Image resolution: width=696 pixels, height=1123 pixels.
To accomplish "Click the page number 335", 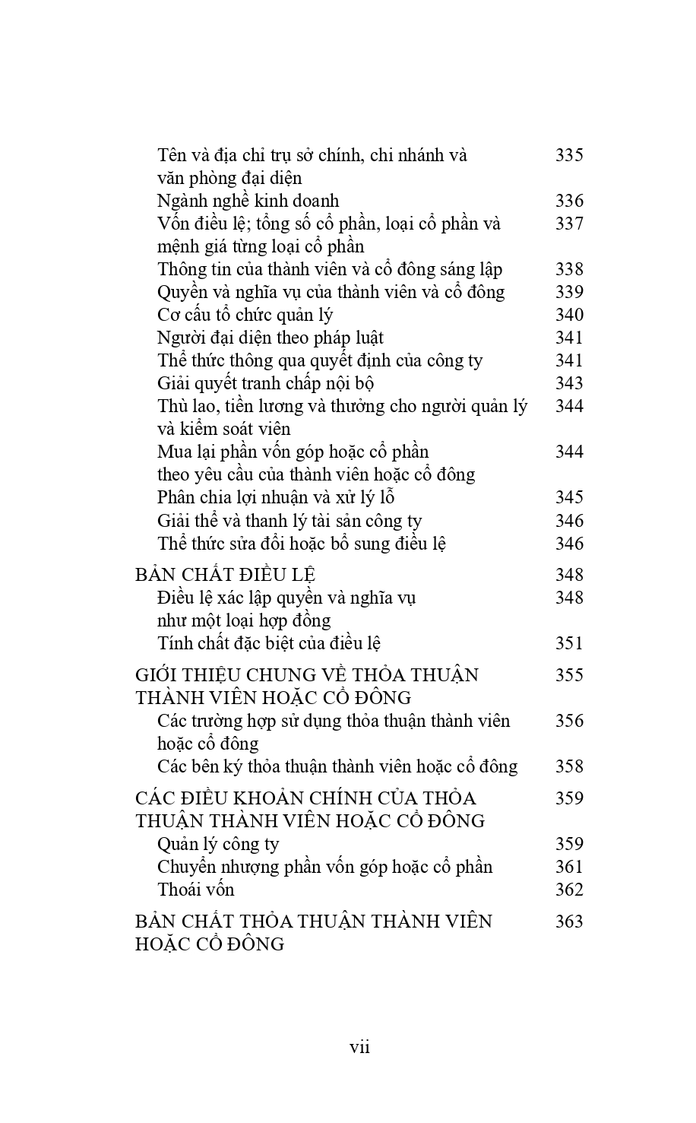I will point(569,155).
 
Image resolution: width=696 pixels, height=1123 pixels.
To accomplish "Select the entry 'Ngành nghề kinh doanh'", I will point(248,201).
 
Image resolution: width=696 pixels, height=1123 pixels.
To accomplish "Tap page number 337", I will point(569,224).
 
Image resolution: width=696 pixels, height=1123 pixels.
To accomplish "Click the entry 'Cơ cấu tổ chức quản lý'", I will point(245,316).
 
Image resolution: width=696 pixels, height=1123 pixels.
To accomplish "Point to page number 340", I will point(569,315).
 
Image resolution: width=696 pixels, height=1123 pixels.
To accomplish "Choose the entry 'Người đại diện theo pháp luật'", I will point(270,338).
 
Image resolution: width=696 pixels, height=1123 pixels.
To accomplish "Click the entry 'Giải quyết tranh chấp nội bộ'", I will point(265,384).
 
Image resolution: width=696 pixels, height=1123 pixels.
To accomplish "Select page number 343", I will point(569,383).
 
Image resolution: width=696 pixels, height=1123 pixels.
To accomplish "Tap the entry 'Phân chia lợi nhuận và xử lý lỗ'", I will point(276,498).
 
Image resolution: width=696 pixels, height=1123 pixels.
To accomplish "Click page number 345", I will point(569,497).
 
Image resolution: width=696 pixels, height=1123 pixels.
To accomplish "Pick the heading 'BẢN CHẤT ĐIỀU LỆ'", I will point(225,575).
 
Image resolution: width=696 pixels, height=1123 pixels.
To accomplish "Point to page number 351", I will point(569,643).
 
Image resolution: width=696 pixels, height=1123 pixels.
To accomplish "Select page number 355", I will point(569,675).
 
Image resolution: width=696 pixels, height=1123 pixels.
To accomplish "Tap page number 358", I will point(569,766).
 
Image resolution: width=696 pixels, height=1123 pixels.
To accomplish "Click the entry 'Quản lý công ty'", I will point(218,844).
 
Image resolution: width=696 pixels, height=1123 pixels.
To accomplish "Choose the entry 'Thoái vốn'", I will point(195,890).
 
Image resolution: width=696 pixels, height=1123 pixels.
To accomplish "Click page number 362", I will point(569,890).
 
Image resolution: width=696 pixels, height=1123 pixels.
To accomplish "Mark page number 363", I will point(569,922).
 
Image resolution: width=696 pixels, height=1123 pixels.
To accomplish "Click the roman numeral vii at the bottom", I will point(359,1047).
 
